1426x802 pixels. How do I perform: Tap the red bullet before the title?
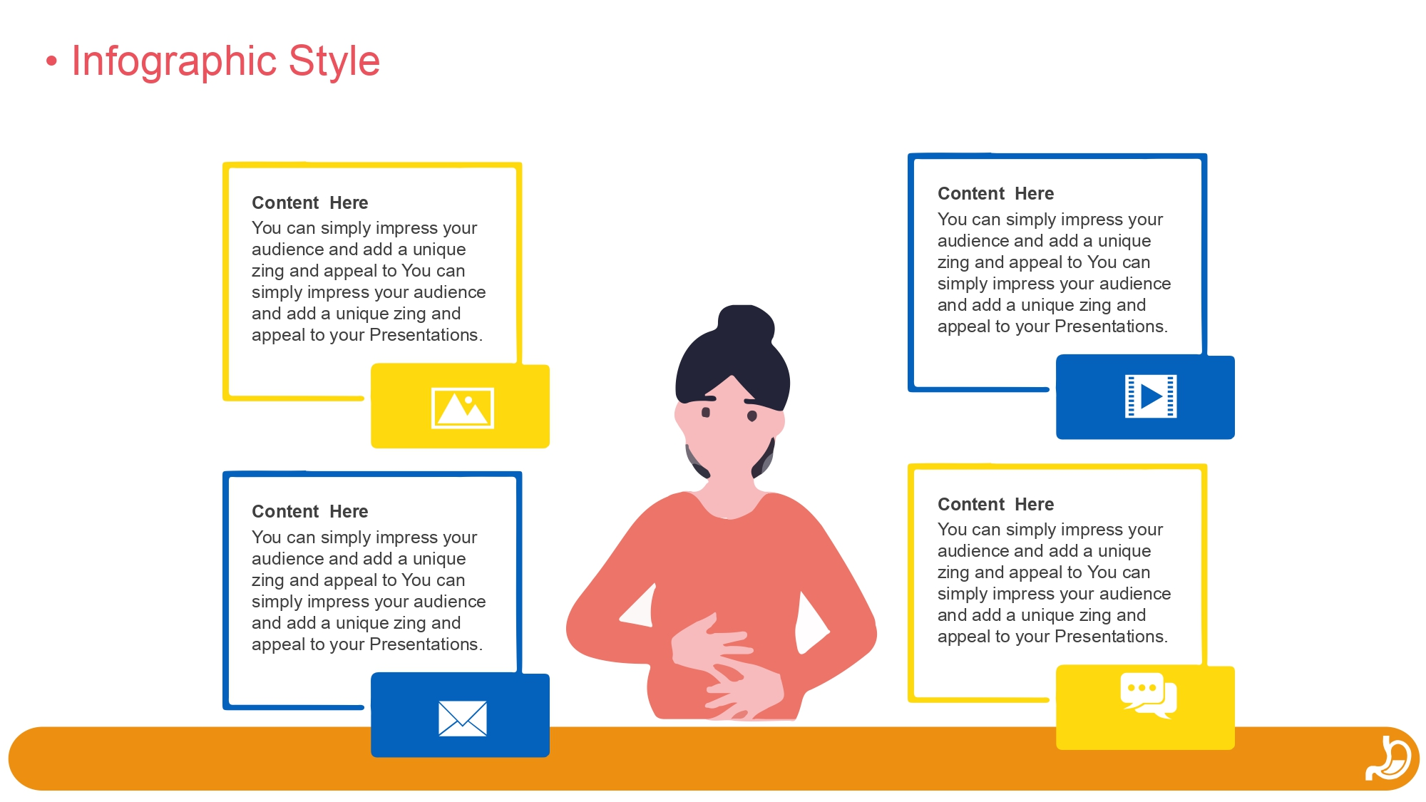51,61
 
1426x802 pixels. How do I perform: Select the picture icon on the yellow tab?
463,408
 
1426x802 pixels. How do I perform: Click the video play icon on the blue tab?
1151,396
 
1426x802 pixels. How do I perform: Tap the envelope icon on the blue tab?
463,719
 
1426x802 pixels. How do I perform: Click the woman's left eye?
752,416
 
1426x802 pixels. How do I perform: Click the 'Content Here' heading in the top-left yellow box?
310,203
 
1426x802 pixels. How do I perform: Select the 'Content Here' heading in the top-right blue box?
995,194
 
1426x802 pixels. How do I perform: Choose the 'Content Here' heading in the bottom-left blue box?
310,512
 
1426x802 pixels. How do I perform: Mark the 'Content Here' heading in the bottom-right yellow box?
995,505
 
